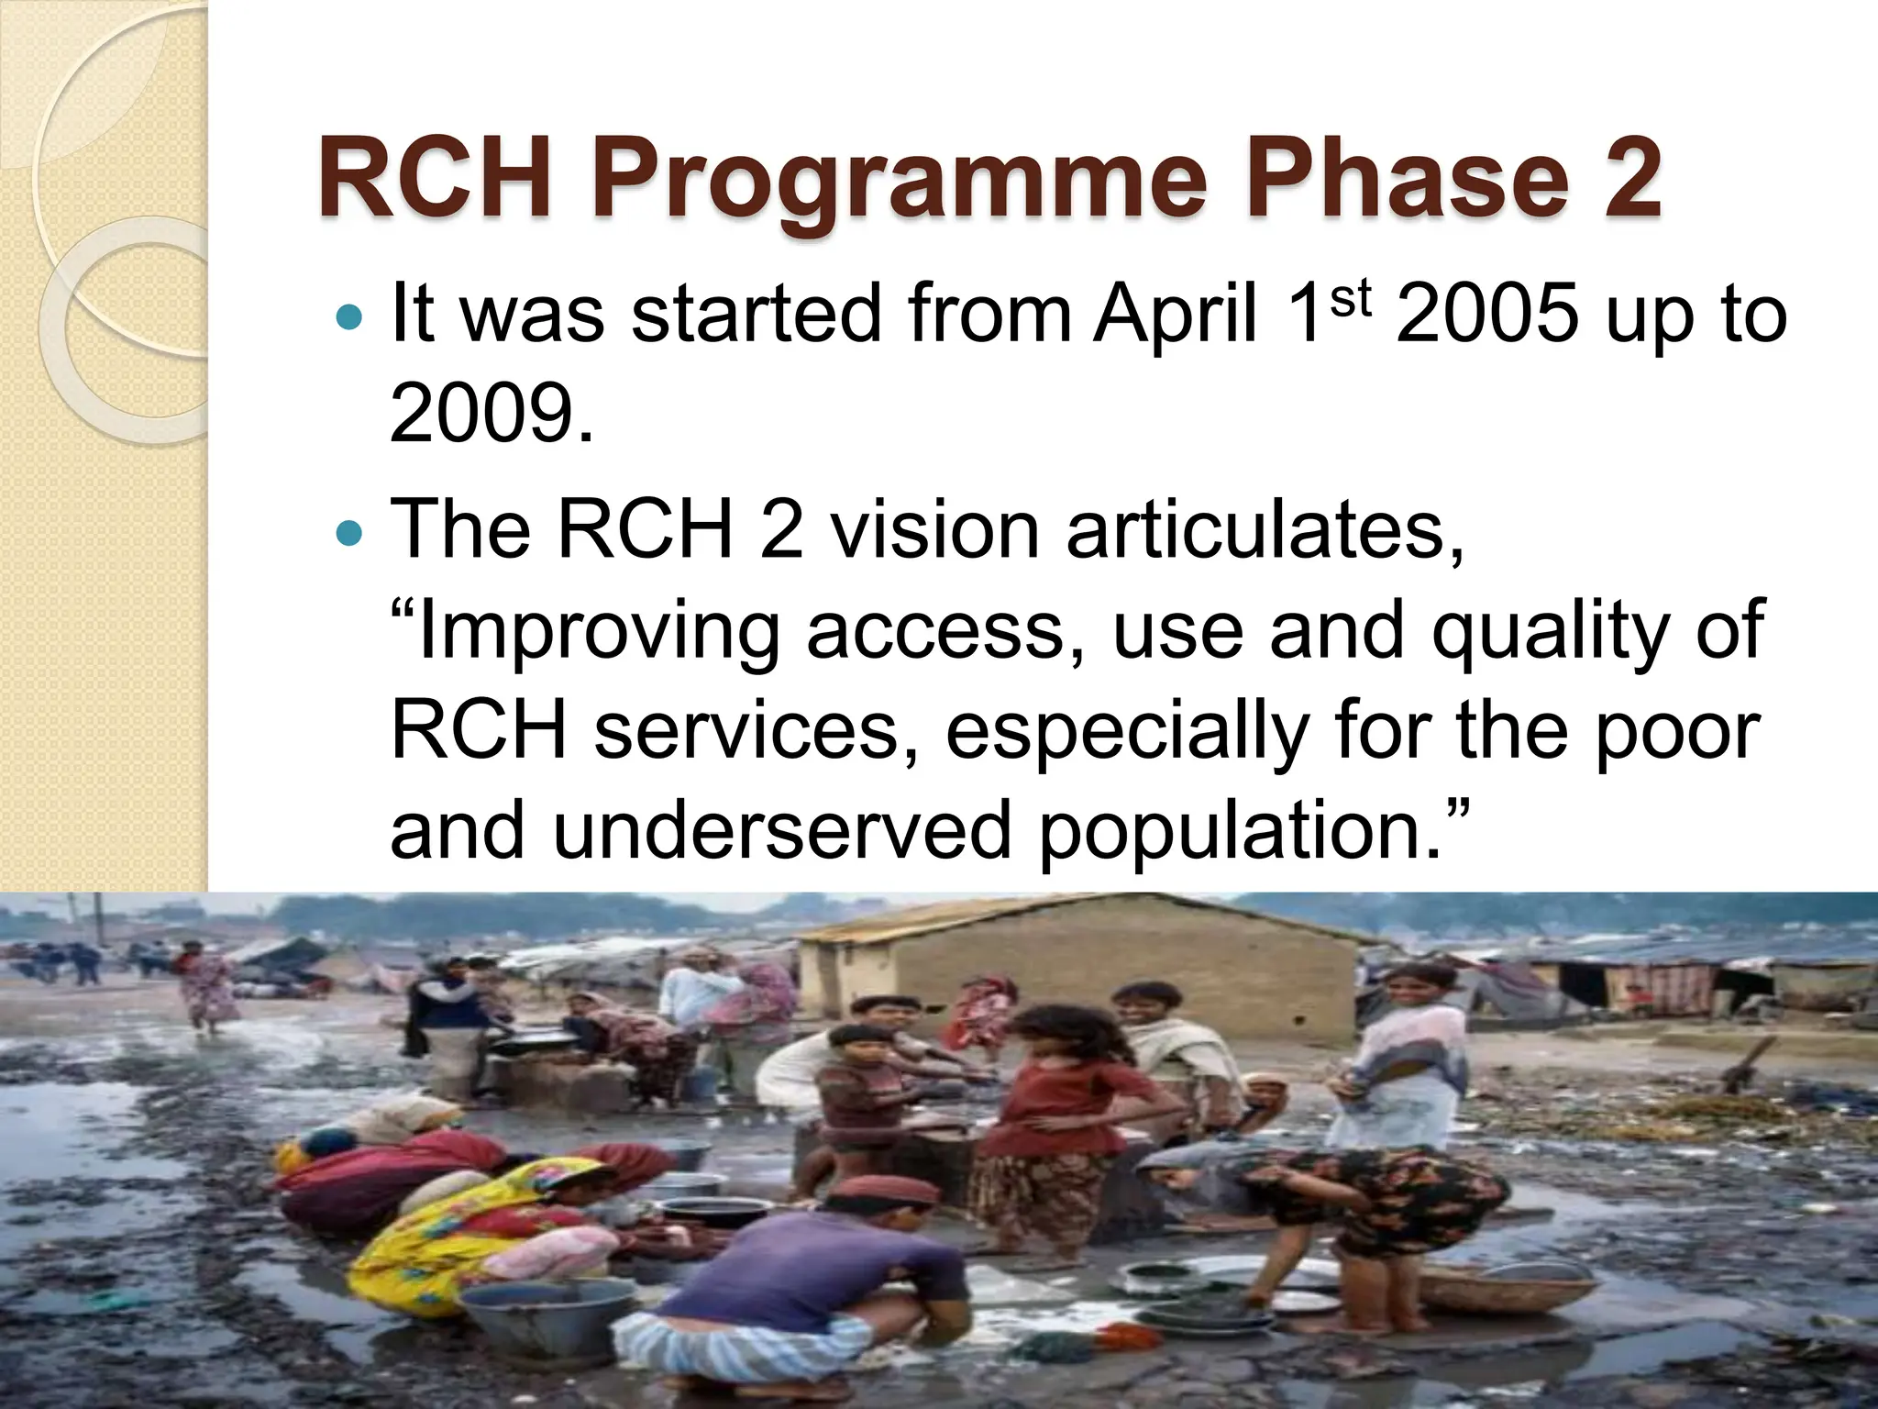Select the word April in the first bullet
(x=1176, y=315)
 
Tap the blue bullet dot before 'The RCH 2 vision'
(x=349, y=532)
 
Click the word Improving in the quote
(x=596, y=633)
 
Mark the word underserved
(x=779, y=831)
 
